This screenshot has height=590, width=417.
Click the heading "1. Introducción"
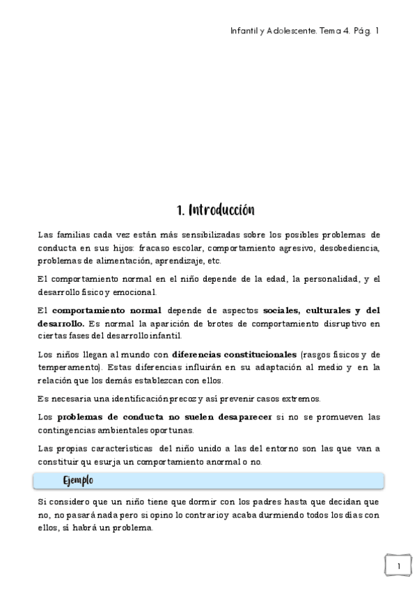coord(215,210)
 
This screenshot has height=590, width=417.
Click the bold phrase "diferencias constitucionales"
coord(234,355)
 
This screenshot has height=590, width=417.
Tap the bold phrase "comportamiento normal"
coord(107,310)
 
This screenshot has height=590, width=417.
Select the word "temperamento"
coord(68,368)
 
